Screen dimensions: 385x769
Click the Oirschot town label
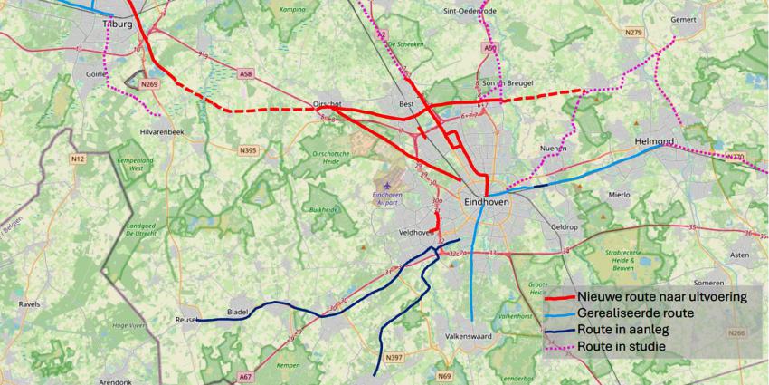pyautogui.click(x=328, y=104)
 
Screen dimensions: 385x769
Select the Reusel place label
pyautogui.click(x=185, y=320)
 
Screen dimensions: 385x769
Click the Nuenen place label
pyautogui.click(x=552, y=148)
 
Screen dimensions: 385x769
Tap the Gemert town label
pyautogui.click(x=684, y=19)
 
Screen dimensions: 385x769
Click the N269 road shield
pyautogui.click(x=150, y=84)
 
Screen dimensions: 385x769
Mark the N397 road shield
pyautogui.click(x=394, y=359)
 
